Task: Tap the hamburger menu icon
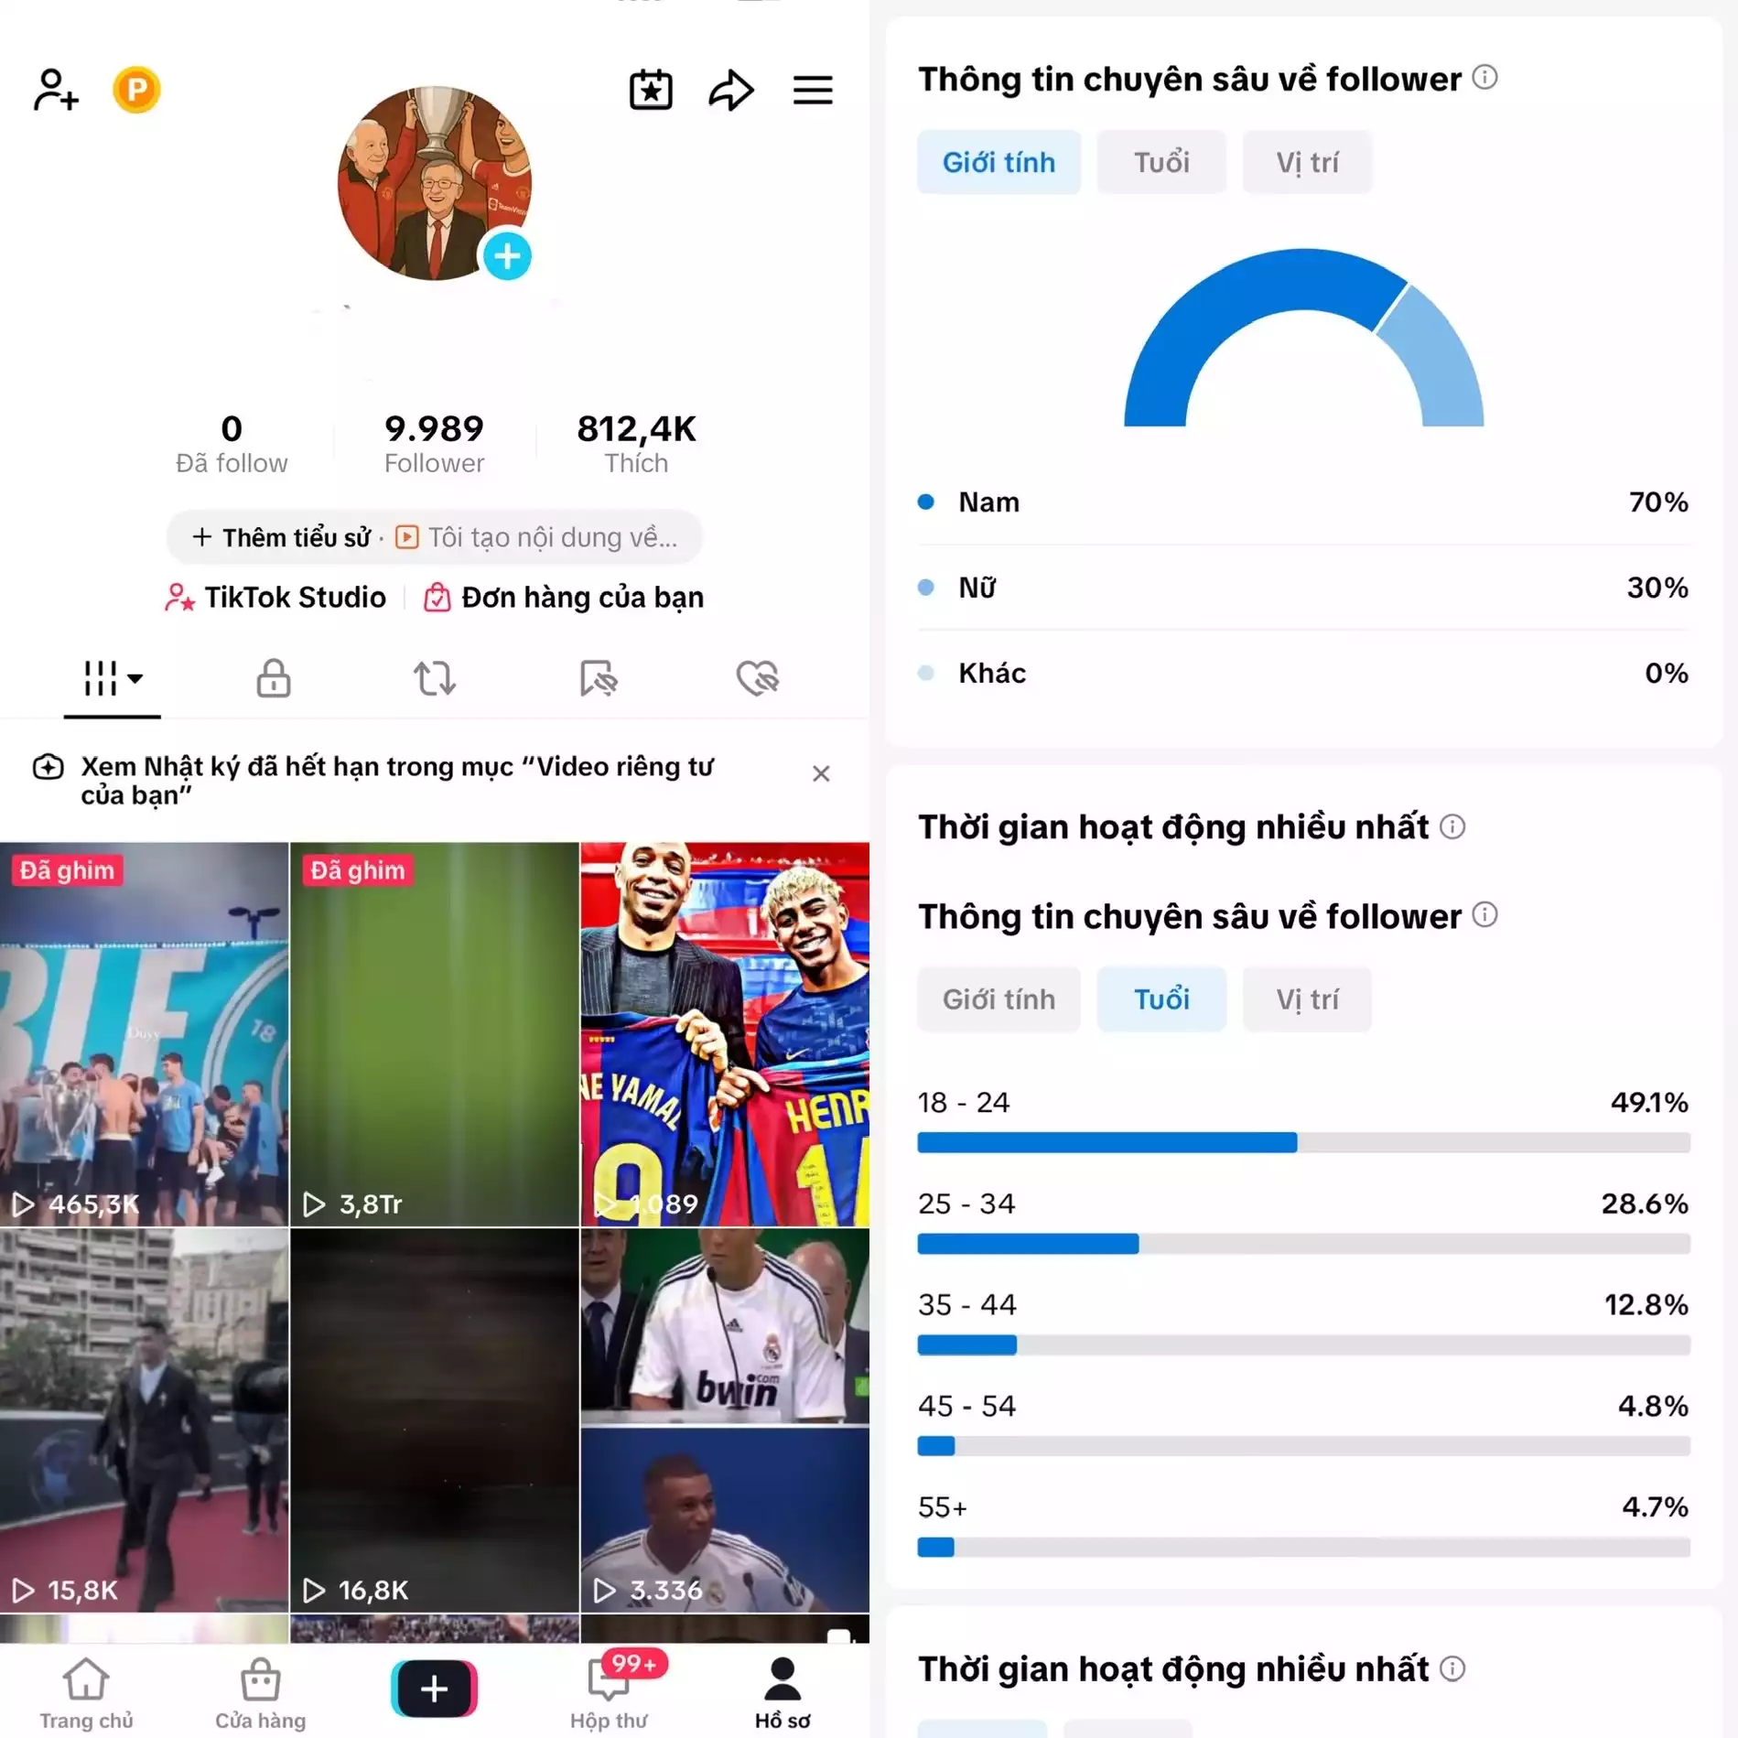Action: click(x=812, y=90)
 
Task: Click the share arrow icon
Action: click(x=731, y=90)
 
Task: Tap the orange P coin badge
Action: click(x=136, y=90)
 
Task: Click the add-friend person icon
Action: click(x=56, y=90)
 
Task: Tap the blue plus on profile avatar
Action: click(x=507, y=256)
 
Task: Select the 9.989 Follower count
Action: click(x=434, y=443)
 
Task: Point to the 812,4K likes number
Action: click(x=636, y=428)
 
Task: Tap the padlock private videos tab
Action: click(x=274, y=678)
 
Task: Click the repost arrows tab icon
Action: click(x=435, y=678)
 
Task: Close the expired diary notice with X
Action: click(x=821, y=774)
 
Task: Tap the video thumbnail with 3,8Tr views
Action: click(x=435, y=1034)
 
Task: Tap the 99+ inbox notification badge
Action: click(x=634, y=1662)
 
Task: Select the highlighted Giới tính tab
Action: click(x=999, y=162)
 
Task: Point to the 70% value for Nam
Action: click(x=1657, y=502)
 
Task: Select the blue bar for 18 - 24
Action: click(x=1106, y=1142)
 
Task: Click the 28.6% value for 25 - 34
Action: click(x=1644, y=1204)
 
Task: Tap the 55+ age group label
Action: click(x=943, y=1507)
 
